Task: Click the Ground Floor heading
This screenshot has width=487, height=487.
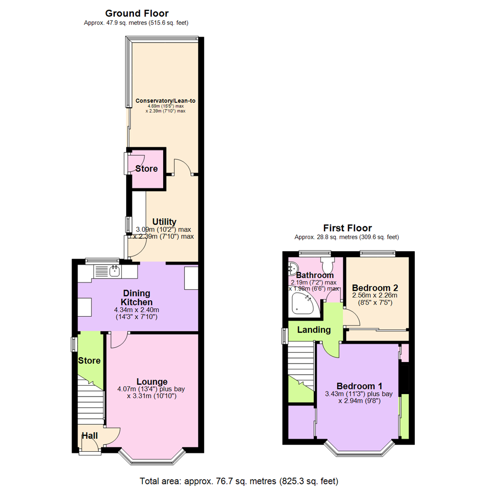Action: click(137, 14)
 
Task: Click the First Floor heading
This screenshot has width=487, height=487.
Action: click(347, 228)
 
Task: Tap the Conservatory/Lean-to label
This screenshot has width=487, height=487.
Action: click(165, 101)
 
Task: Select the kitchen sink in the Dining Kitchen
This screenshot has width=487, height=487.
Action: click(115, 271)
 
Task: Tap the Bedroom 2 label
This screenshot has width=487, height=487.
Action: click(375, 288)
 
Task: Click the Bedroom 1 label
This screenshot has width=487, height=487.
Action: click(359, 386)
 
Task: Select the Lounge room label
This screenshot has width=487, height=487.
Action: click(152, 381)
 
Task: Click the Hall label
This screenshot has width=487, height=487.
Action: click(90, 436)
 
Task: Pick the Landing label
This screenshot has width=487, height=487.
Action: click(314, 330)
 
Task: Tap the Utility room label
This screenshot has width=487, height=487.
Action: click(164, 222)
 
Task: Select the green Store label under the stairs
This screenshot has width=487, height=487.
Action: click(89, 361)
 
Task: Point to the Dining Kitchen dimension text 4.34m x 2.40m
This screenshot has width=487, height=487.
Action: click(137, 310)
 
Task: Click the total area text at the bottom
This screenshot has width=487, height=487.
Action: click(239, 481)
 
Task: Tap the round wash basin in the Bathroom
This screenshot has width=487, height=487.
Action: click(293, 268)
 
